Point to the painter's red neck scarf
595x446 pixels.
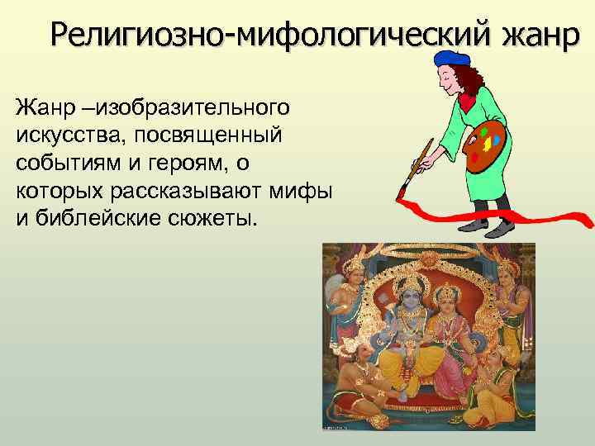(x=469, y=100)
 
